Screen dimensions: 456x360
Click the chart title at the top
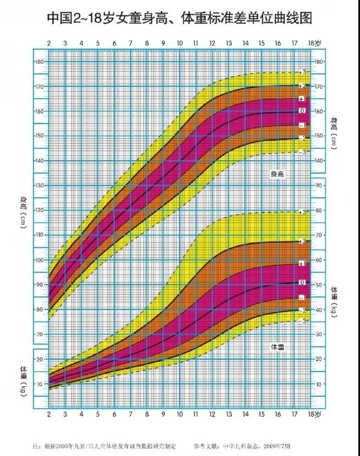pyautogui.click(x=179, y=19)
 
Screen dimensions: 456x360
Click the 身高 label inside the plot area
pyautogui.click(x=279, y=174)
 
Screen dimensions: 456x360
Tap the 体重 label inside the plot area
pyautogui.click(x=279, y=347)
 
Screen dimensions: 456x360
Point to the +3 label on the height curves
pyautogui.click(x=302, y=72)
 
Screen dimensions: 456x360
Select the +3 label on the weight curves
pyautogui.click(x=302, y=212)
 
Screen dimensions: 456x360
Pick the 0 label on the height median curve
pyautogui.click(x=302, y=111)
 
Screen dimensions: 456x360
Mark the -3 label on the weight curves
pyautogui.click(x=302, y=320)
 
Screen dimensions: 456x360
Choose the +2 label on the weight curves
pyautogui.click(x=302, y=241)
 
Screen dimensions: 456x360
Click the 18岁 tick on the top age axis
pyautogui.click(x=314, y=43)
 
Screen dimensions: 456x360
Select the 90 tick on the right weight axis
pyautogui.click(x=319, y=186)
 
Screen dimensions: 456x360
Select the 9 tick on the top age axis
pyautogui.click(x=163, y=43)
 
